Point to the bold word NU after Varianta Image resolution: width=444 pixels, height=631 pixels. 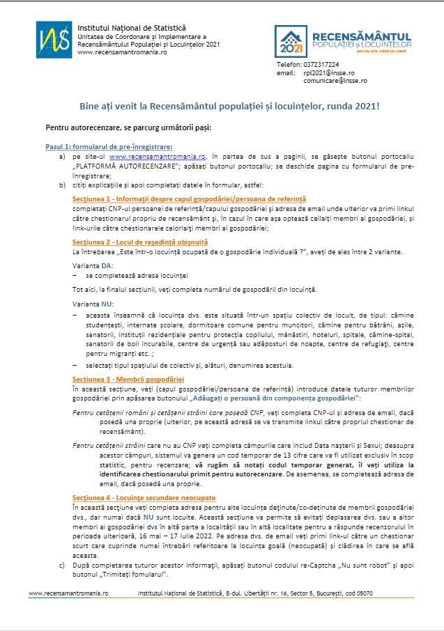click(107, 304)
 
